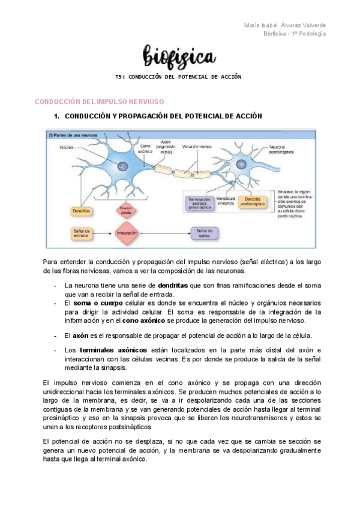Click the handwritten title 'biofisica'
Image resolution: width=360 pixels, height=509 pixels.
(x=179, y=58)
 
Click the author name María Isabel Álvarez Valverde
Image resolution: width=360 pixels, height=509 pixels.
(x=286, y=25)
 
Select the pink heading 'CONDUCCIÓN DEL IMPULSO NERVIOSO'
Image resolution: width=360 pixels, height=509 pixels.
(x=99, y=102)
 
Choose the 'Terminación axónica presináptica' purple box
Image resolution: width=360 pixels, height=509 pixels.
(x=197, y=202)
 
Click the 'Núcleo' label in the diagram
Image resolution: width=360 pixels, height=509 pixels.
(x=66, y=146)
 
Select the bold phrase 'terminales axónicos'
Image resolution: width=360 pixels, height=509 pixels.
(x=113, y=350)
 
